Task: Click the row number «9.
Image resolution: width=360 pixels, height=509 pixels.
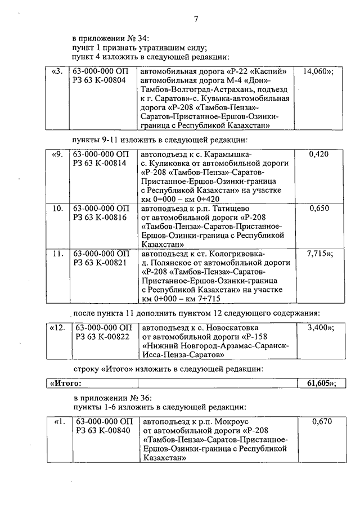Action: (57, 154)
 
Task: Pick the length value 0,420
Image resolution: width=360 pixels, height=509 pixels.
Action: (319, 154)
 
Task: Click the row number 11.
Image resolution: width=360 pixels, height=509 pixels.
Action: (57, 254)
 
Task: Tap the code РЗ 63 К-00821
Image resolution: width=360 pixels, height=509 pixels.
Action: (98, 263)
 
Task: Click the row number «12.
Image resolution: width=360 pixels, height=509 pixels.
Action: (58, 327)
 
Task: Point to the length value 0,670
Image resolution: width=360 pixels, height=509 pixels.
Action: (319, 421)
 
